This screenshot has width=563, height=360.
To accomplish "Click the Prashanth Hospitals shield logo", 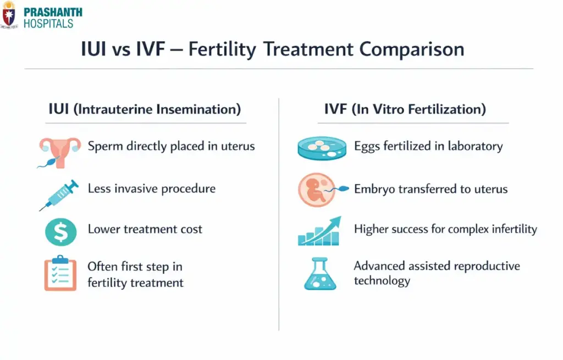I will (x=9, y=15).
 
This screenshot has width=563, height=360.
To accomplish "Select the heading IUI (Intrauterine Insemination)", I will (x=145, y=109).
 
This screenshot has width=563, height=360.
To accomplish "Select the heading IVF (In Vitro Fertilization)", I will (x=405, y=109).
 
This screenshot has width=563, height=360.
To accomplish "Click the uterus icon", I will (x=59, y=150).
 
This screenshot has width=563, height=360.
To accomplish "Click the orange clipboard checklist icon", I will (x=59, y=273).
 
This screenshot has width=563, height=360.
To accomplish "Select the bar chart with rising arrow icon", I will (x=319, y=231).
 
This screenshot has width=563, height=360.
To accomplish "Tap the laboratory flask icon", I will (x=319, y=273).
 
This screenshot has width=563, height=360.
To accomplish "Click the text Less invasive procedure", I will (x=152, y=189).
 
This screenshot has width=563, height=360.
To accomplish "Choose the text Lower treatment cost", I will (x=145, y=229).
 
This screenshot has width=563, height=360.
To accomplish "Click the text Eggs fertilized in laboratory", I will (x=428, y=146).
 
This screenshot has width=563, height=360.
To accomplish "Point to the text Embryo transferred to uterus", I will (x=430, y=189).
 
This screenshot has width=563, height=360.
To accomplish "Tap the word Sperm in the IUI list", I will (x=104, y=147).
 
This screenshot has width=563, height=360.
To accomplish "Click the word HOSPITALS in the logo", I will (x=48, y=23).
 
